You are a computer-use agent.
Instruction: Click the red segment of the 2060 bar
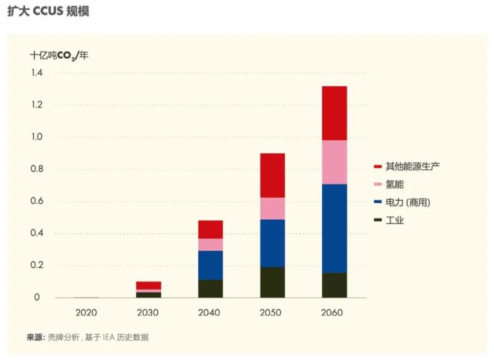[x=334, y=113]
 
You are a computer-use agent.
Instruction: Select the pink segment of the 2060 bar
[x=334, y=162]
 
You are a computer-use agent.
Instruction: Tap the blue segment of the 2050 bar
[x=272, y=243]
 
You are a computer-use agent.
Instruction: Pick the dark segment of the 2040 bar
[x=210, y=288]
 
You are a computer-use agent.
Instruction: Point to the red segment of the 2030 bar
[x=148, y=285]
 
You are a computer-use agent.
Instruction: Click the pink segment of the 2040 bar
[x=210, y=245]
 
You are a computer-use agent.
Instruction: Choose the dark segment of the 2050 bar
[x=272, y=282]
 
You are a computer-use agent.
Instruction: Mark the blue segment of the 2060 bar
[x=334, y=228]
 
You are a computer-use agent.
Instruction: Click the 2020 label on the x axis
[x=86, y=312]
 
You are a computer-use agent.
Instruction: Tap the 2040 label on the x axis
[x=210, y=312]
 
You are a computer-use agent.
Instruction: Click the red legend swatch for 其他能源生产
[x=377, y=167]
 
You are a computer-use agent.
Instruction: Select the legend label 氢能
[x=395, y=185]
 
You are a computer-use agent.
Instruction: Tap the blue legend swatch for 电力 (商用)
[x=377, y=203]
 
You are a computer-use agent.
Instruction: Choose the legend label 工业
[x=395, y=220]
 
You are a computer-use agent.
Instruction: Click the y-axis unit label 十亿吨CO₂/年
[x=59, y=55]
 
